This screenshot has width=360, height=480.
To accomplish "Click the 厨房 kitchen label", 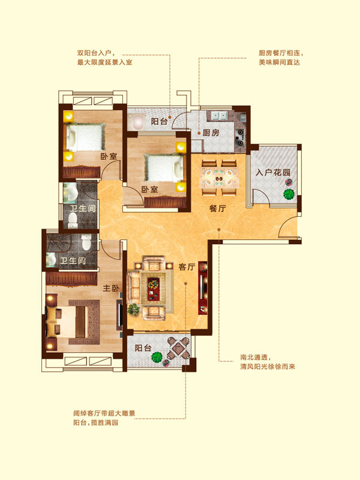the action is [x=211, y=133].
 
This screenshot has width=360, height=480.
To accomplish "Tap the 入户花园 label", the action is [x=273, y=172].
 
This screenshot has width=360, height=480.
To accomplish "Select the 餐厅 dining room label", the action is [x=218, y=209].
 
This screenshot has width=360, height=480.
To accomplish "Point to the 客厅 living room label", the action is [x=187, y=267].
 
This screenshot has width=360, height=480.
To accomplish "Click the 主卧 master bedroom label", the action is [x=111, y=288].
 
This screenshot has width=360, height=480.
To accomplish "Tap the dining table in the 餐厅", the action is [x=219, y=178].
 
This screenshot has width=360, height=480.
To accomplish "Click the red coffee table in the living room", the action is [x=154, y=289].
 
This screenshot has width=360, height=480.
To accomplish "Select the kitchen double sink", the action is [x=220, y=116].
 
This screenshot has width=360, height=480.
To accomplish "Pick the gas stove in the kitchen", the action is [x=239, y=137].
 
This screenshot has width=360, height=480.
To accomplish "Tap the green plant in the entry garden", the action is [x=289, y=194].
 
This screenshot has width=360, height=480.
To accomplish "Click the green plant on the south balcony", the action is [x=157, y=356].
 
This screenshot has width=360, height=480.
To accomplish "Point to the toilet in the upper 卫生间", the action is [x=73, y=220].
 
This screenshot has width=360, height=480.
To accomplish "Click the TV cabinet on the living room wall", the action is [x=202, y=288].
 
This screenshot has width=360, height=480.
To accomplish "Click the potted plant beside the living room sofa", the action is [x=133, y=310].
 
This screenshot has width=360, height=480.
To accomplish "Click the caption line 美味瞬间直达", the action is [x=279, y=62].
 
